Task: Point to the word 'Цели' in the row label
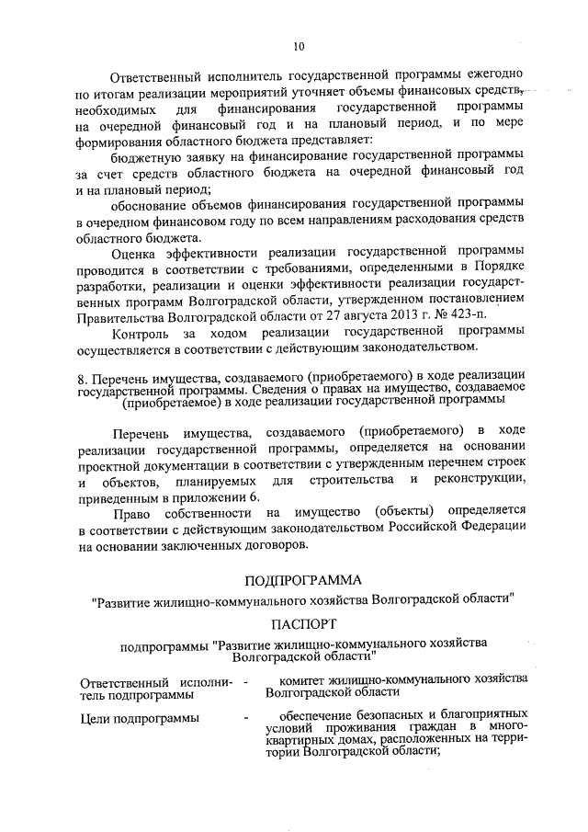coord(95,718)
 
